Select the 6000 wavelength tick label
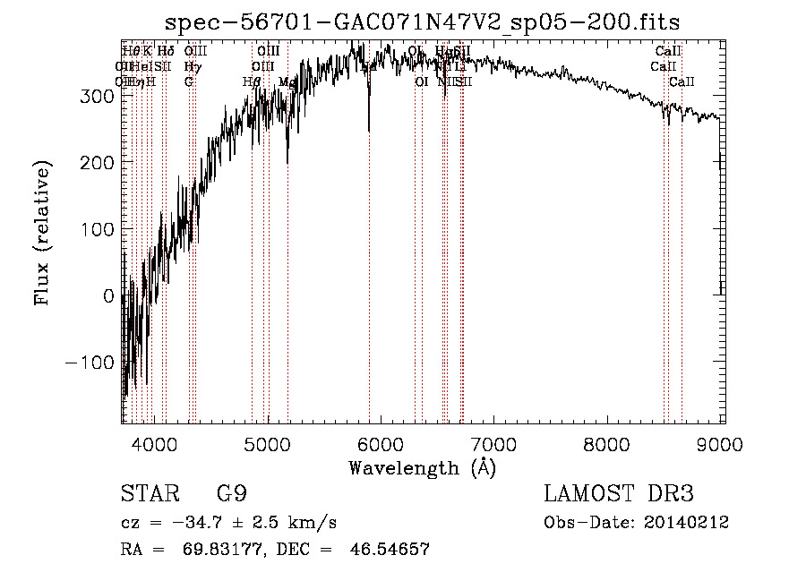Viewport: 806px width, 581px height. pos(381,443)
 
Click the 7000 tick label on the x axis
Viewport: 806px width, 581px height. pos(494,443)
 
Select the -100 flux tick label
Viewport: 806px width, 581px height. pos(89,363)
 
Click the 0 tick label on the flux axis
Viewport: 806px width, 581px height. pos(108,296)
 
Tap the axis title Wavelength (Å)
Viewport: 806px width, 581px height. pos(422,467)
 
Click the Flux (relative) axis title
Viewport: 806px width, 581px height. pos(42,233)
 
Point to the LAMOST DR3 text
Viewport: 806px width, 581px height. pos(619,494)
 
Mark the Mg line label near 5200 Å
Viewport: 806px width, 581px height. pos(287,81)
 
